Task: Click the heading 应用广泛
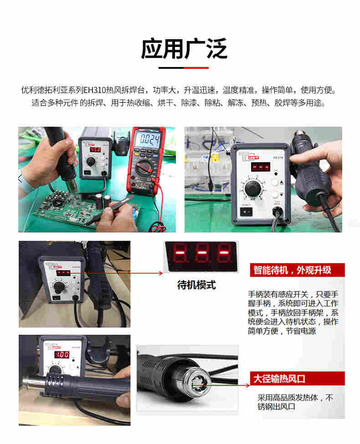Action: (184, 49)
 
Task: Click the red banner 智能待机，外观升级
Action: (297, 270)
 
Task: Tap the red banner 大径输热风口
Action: (297, 379)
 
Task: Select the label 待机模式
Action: (196, 285)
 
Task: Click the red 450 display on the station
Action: (95, 149)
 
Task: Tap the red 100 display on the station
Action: (62, 355)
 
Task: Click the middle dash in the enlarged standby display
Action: (201, 253)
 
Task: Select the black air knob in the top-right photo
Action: (252, 188)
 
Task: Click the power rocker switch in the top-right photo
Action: (246, 212)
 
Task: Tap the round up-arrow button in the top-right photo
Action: (275, 182)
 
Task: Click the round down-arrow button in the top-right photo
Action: (275, 195)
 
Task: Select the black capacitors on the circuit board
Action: (103, 201)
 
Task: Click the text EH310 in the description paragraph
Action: (94, 90)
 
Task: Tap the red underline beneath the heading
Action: (196, 67)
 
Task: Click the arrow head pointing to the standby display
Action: (161, 273)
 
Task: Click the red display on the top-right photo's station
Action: (260, 166)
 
